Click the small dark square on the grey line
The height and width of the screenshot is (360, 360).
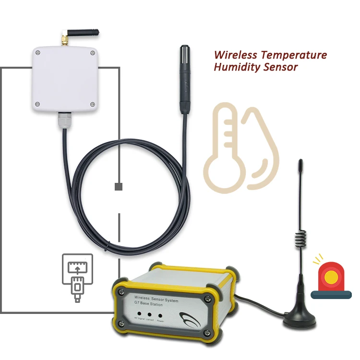click(x=119, y=187)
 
